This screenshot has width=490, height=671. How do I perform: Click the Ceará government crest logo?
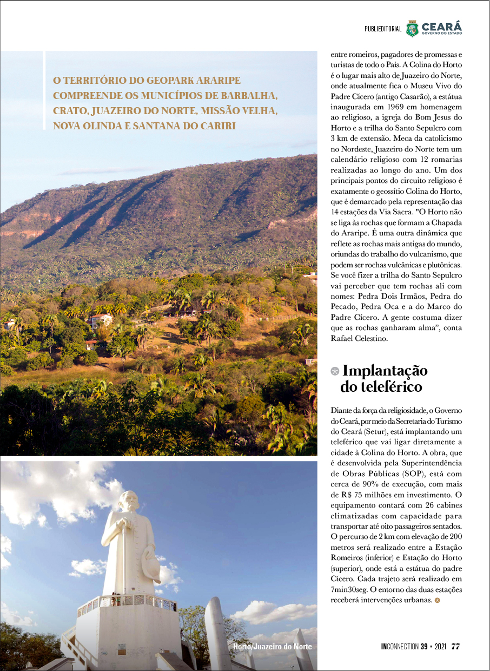pos(413,28)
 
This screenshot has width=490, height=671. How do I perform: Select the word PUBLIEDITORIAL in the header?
pos(383,29)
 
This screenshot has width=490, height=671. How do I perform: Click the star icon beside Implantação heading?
pos(335,371)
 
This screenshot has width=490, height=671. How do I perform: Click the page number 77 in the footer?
pos(455,647)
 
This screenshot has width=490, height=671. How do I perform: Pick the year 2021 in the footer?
pos(438,647)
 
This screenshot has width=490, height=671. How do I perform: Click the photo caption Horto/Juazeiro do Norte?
pos(272,647)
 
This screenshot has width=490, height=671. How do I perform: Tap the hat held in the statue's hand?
pos(151,568)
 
